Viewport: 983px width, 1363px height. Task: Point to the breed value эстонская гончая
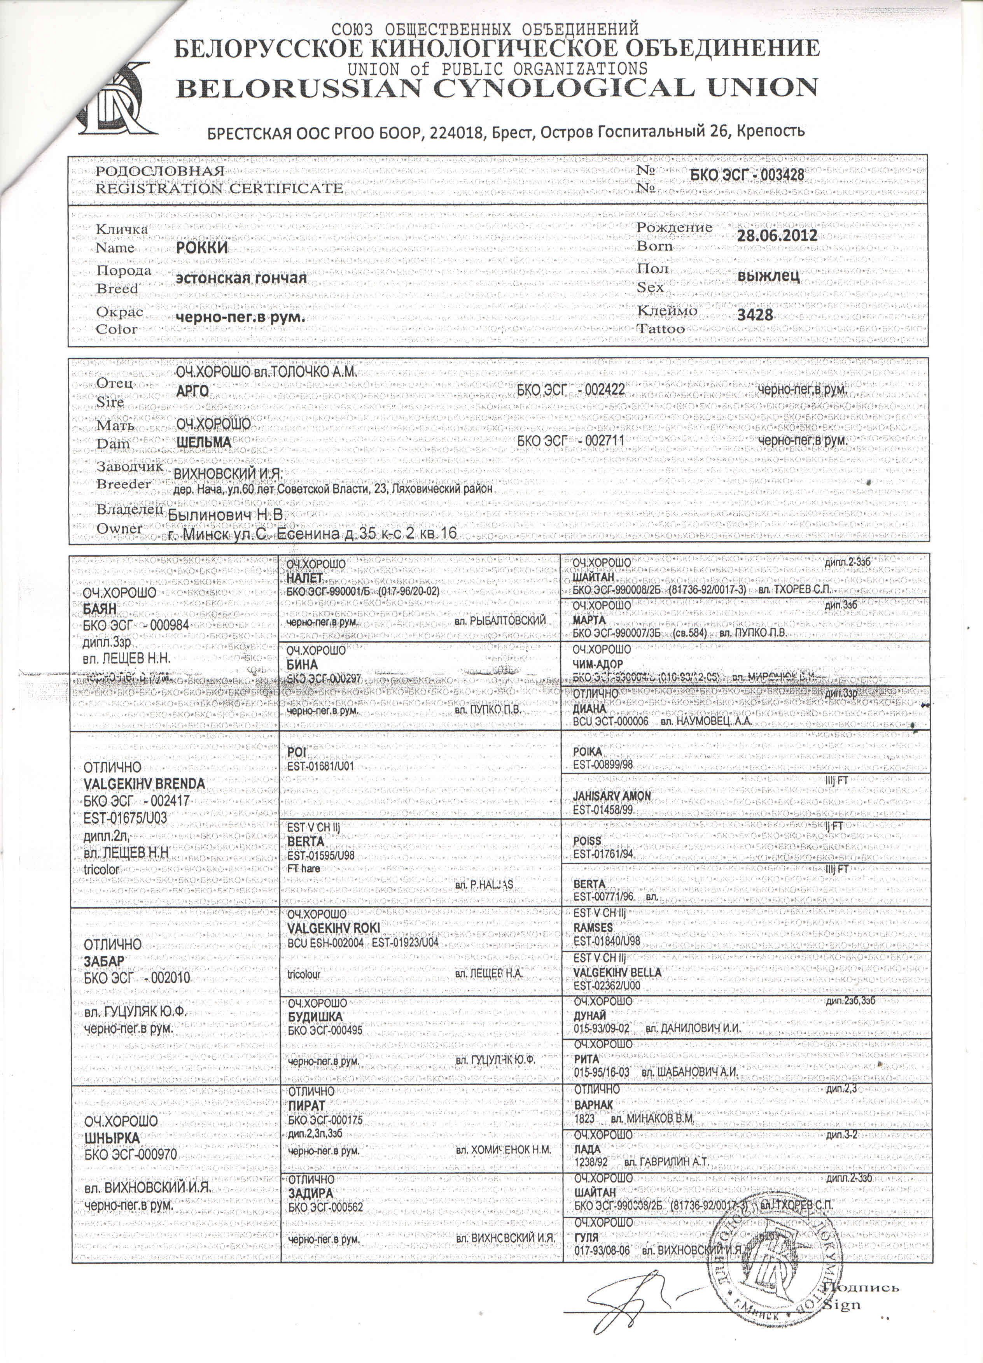pyautogui.click(x=240, y=278)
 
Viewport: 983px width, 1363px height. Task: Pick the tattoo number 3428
pyautogui.click(x=755, y=314)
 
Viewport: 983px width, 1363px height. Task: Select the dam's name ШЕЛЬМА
pyautogui.click(x=204, y=442)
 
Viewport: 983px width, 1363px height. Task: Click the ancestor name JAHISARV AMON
pyautogui.click(x=612, y=796)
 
